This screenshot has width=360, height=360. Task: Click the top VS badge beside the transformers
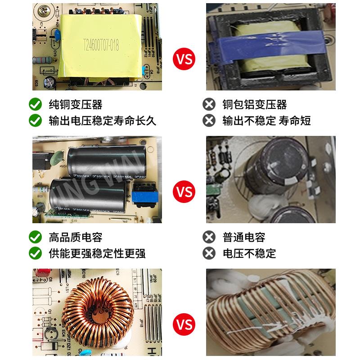click(184, 59)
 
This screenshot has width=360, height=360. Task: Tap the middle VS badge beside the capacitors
click(184, 192)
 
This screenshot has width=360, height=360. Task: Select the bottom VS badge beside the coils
click(184, 324)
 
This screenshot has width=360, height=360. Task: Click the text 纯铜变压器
click(75, 105)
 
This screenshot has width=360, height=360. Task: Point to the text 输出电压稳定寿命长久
click(102, 121)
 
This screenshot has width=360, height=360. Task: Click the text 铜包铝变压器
click(254, 105)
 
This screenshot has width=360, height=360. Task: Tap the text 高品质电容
click(75, 237)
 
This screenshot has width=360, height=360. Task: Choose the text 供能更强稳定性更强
click(97, 253)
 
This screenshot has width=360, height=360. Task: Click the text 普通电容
click(243, 237)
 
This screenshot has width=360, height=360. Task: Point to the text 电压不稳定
click(249, 253)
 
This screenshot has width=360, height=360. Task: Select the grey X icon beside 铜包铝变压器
click(209, 105)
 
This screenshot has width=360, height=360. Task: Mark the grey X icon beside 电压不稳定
click(209, 253)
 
